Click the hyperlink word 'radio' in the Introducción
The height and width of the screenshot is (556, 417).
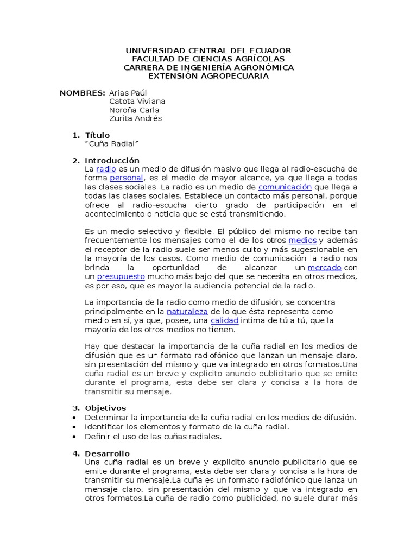point(106,169)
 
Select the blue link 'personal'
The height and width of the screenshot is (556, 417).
point(127,178)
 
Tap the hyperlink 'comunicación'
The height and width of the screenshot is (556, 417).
point(285,187)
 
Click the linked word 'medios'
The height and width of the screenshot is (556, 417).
point(302,240)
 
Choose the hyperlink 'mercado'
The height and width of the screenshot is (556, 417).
point(324,268)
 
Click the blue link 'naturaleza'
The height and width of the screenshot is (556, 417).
point(187,312)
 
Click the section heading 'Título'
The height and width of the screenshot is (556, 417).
point(97,135)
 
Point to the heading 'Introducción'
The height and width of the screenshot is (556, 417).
point(112,161)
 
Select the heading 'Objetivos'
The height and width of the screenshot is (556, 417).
point(105,408)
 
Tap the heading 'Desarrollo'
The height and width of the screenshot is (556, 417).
point(108,453)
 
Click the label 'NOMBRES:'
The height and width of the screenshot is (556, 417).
point(82,93)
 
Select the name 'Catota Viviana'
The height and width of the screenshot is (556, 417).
point(137,102)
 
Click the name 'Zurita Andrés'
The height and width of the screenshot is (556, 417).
point(135,118)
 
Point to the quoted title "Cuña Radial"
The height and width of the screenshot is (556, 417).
point(112,143)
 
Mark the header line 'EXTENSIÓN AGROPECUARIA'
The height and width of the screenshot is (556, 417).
point(208,76)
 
